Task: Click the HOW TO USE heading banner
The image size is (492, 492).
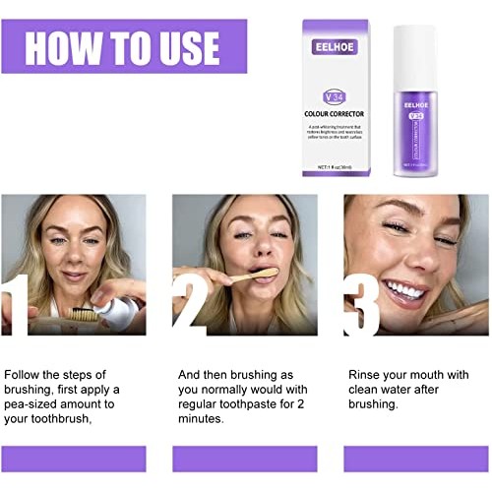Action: click(123, 46)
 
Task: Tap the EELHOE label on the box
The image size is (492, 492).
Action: click(336, 46)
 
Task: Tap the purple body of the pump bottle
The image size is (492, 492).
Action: click(413, 138)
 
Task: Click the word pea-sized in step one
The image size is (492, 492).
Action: click(35, 403)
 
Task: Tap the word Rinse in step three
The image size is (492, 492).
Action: click(366, 375)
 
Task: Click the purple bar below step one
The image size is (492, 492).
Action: click(74, 459)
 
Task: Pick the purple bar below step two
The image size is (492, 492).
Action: click(245, 459)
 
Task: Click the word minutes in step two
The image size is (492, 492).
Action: click(201, 418)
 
